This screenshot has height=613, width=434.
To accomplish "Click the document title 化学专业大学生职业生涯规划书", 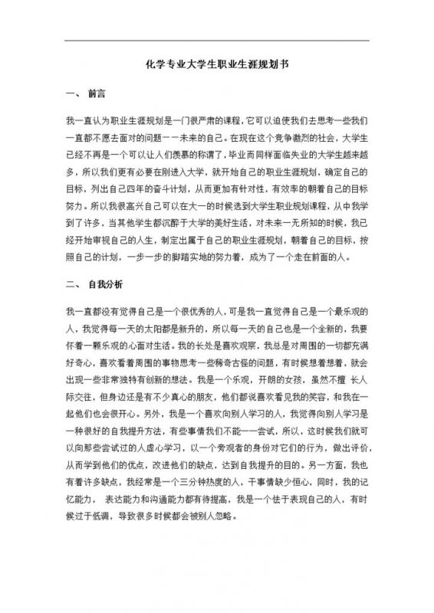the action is point(216,67).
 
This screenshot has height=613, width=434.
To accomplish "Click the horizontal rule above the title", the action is point(216,41).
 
